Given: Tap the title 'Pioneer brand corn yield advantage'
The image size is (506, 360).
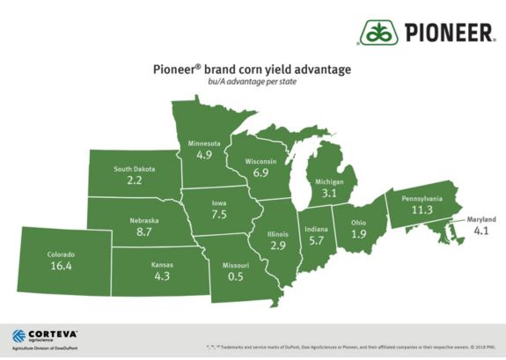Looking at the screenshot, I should click(252, 70).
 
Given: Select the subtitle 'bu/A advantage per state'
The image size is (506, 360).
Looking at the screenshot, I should click(252, 83).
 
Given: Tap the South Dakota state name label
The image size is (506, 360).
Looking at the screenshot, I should click(134, 168).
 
